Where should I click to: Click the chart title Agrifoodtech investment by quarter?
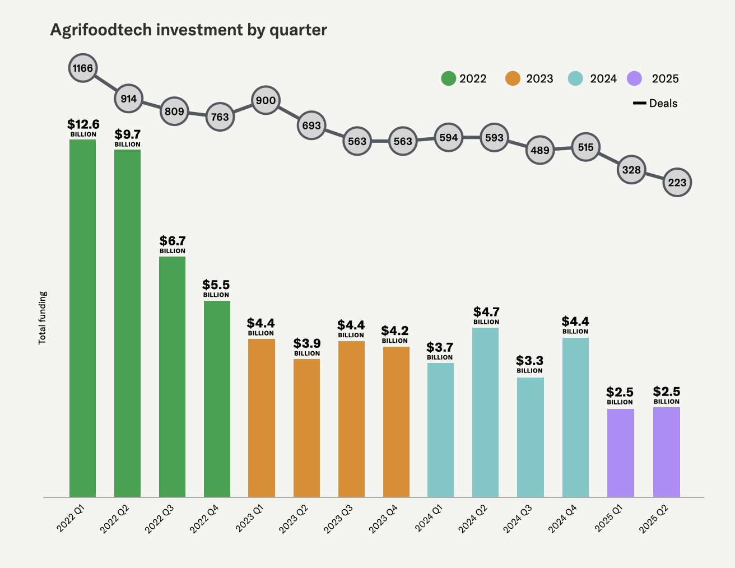(188, 30)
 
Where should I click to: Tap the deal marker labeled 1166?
(83, 69)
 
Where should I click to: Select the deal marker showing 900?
(266, 101)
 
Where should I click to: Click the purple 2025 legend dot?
(634, 78)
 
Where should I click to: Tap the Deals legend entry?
(655, 104)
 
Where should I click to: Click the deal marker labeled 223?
(677, 183)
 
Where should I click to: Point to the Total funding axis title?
(43, 318)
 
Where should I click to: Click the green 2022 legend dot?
(449, 78)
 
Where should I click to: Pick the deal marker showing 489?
(540, 150)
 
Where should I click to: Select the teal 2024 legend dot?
(576, 78)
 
